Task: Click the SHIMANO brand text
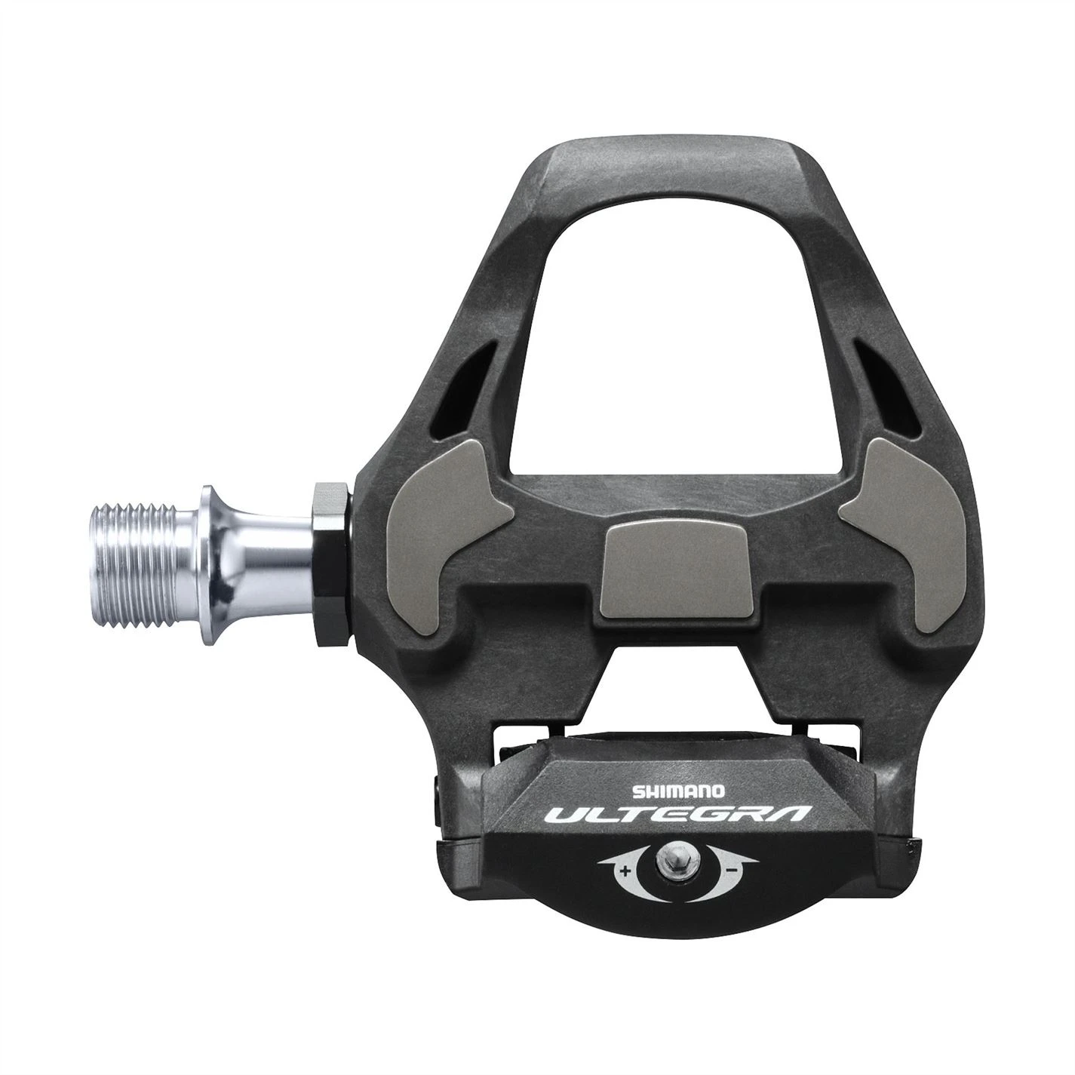pos(678,791)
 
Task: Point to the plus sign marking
pos(625,871)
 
